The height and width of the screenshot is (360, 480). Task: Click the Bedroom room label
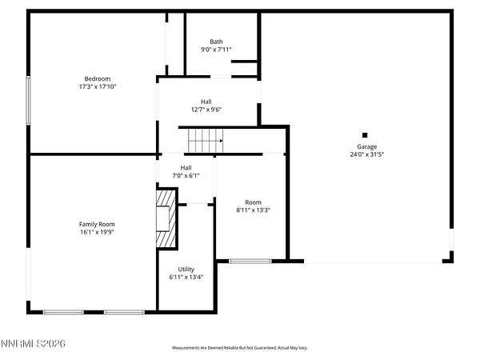click(x=98, y=78)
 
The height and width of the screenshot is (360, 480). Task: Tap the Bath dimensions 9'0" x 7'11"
click(x=216, y=50)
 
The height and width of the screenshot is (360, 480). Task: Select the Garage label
click(x=366, y=146)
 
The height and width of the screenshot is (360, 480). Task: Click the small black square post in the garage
click(x=365, y=135)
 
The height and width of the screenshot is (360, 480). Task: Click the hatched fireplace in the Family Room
click(x=166, y=219)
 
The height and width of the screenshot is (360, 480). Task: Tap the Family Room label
click(x=97, y=224)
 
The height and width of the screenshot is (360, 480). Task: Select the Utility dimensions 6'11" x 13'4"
click(x=186, y=278)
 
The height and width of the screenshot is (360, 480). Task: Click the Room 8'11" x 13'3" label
click(x=253, y=206)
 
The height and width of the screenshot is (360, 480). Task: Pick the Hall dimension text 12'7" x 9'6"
click(x=206, y=110)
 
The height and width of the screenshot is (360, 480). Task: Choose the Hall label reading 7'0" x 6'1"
click(x=186, y=172)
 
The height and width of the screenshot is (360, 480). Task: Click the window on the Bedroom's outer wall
click(x=28, y=101)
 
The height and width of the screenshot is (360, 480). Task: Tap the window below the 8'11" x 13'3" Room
click(x=250, y=261)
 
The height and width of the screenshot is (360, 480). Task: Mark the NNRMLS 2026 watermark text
click(x=33, y=343)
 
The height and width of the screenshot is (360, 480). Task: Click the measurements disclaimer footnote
click(x=240, y=348)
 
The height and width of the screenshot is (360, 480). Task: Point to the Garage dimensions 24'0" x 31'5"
click(x=366, y=154)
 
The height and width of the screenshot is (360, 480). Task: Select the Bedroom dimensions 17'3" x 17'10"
click(x=98, y=86)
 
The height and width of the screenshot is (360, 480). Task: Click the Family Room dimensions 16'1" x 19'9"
click(x=97, y=232)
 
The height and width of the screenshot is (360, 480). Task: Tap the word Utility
click(x=186, y=270)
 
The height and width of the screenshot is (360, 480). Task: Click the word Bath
click(x=216, y=42)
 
